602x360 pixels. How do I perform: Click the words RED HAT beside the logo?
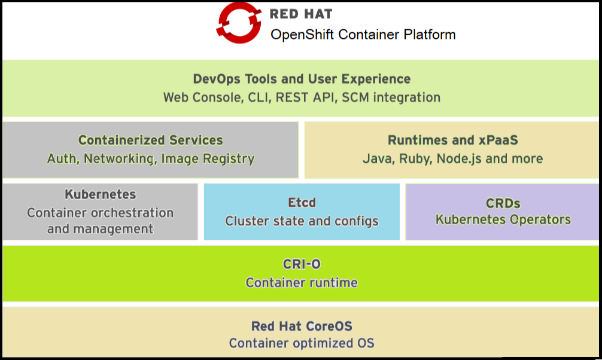pyautogui.click(x=301, y=14)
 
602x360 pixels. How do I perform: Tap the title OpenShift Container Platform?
pyautogui.click(x=363, y=35)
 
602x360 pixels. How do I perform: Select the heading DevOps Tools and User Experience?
pyautogui.click(x=302, y=79)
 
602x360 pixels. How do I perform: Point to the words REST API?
pyautogui.click(x=305, y=97)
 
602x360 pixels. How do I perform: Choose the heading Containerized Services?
pyautogui.click(x=151, y=140)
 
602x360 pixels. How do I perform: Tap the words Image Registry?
pyautogui.click(x=208, y=159)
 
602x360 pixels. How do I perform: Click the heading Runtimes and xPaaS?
pyautogui.click(x=452, y=140)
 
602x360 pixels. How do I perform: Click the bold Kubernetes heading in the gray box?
pyautogui.click(x=100, y=194)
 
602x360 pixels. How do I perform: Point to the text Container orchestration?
pyautogui.click(x=100, y=213)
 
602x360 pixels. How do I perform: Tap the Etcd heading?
pyautogui.click(x=302, y=203)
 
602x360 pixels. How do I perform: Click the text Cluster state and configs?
pyautogui.click(x=302, y=221)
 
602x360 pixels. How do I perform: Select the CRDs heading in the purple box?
pyautogui.click(x=503, y=203)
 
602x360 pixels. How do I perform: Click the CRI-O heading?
pyautogui.click(x=302, y=264)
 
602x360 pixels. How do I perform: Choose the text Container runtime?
pyautogui.click(x=302, y=282)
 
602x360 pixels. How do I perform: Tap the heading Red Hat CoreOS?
pyautogui.click(x=302, y=327)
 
